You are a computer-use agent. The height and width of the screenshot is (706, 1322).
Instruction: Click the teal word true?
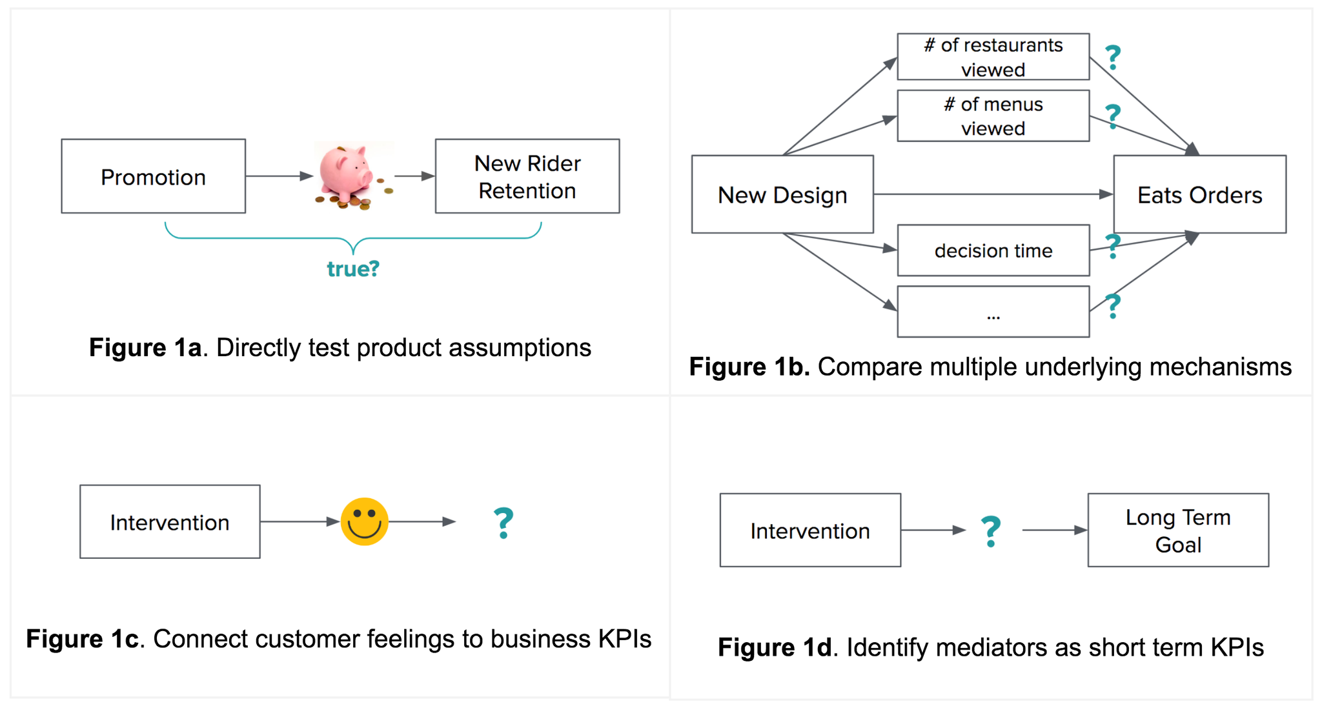point(353,268)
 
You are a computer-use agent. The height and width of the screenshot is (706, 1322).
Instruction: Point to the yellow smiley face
point(365,521)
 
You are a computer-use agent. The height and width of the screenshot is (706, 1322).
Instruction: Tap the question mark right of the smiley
point(503,523)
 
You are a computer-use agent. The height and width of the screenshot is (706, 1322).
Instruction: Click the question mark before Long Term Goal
point(991,532)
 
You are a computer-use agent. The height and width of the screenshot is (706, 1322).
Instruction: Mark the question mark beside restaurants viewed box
point(1113,57)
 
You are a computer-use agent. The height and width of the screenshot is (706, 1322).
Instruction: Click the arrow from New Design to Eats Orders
point(993,194)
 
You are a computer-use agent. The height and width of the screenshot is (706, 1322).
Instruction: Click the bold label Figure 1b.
point(749,367)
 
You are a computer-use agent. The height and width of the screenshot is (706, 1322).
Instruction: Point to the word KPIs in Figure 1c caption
point(625,639)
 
